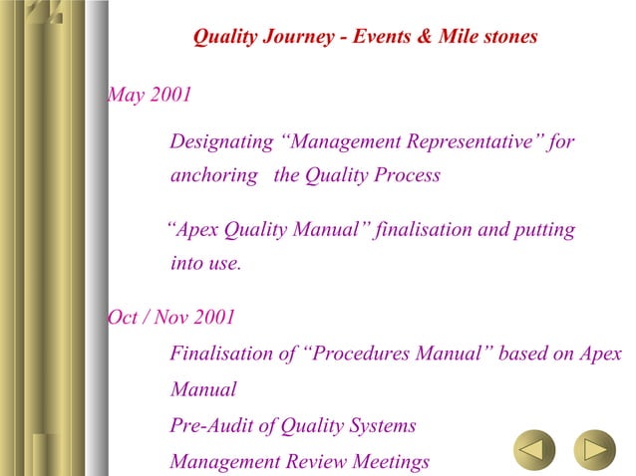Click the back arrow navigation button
[534, 450]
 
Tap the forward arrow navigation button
[594, 450]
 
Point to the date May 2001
[149, 96]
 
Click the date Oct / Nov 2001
[170, 319]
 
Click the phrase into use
[206, 265]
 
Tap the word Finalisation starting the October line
[222, 354]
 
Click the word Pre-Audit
[209, 426]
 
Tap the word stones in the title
[507, 37]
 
